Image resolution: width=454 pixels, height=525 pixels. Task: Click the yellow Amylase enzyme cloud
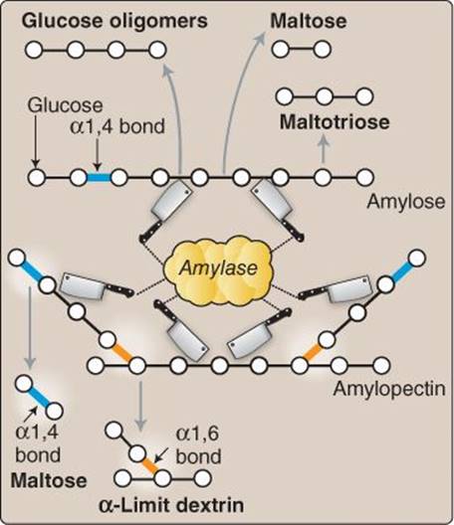pos(218,267)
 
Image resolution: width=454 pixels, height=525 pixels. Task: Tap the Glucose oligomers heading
pos(114,21)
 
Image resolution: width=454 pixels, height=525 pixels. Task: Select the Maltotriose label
pos(335,122)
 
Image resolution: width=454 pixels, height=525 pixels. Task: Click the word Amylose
pos(406,202)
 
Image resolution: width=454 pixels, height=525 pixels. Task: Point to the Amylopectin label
pos(389,389)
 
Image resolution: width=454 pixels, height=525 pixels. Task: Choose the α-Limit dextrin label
pos(171,505)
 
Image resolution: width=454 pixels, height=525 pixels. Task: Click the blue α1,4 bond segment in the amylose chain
pos(99,177)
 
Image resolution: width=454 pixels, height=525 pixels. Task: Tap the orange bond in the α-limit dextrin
pos(150,466)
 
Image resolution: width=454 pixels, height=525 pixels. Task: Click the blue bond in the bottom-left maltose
pos(39,398)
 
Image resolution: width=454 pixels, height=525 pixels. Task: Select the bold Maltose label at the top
pos(309,21)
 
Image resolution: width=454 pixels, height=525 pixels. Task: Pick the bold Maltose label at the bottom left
pos(49,481)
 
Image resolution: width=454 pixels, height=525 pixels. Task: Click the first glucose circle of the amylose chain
pos(37,177)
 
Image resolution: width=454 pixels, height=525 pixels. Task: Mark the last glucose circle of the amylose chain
pos(364,177)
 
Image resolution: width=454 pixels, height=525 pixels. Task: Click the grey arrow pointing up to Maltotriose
pos(323,148)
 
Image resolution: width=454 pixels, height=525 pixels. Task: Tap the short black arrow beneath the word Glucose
pos(36,140)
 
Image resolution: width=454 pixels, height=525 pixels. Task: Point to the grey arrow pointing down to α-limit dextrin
pos(140,406)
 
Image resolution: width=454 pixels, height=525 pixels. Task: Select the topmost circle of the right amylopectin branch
pos(416,259)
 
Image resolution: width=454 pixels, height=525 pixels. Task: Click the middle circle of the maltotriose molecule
pos(325,96)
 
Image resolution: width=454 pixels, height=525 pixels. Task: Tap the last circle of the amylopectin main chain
pos(381,365)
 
